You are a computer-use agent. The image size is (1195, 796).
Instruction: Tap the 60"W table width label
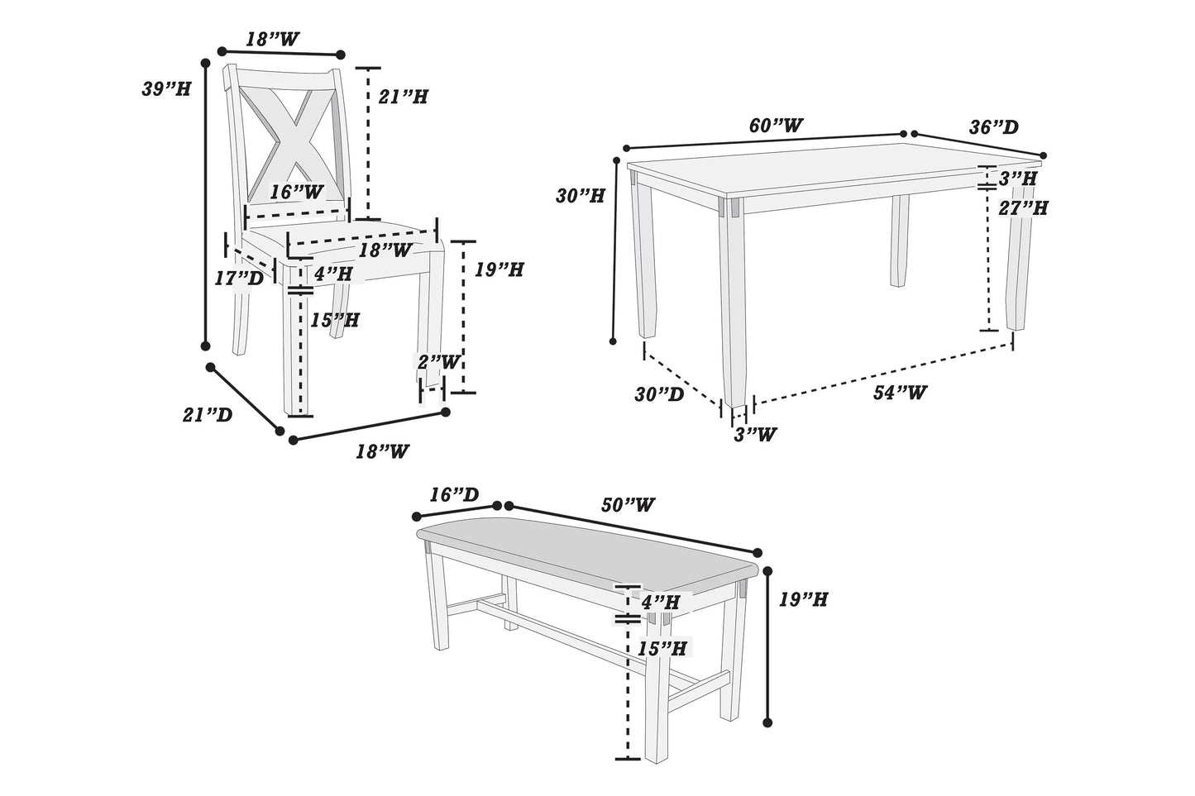775,126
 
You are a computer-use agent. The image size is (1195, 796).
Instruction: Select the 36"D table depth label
993,127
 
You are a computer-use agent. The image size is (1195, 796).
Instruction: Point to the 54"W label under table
900,393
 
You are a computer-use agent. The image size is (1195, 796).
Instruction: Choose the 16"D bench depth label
453,494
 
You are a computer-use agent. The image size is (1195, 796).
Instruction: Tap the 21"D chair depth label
207,415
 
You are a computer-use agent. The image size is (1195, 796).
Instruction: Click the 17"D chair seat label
238,279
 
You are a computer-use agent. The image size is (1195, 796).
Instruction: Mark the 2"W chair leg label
437,361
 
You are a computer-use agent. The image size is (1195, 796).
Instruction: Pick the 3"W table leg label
756,433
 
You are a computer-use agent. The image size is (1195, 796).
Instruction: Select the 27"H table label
1022,207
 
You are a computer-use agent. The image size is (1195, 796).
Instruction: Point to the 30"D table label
659,394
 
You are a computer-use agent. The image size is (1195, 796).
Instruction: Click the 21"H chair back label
403,97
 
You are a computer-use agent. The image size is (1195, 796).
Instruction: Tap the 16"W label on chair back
297,192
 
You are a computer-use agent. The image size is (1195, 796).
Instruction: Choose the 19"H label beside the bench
803,599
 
